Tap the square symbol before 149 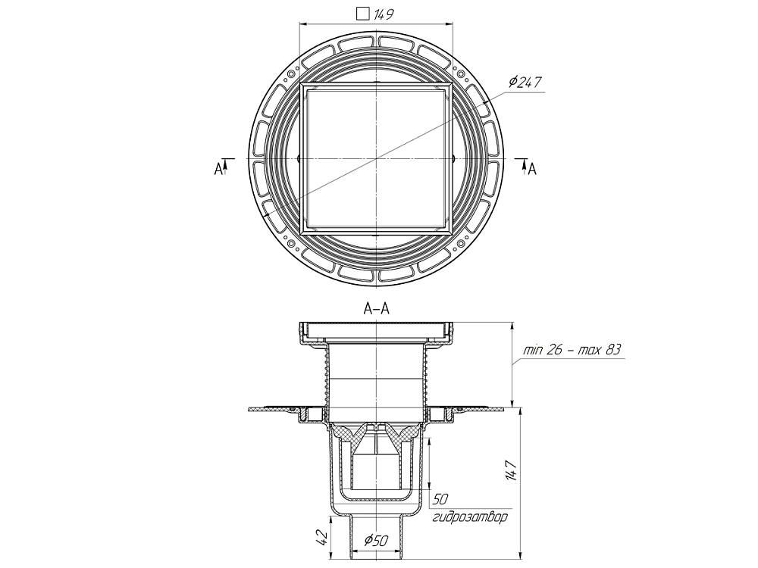click(x=362, y=14)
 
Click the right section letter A click(x=532, y=169)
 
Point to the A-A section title click(x=377, y=308)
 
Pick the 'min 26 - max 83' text click(x=572, y=351)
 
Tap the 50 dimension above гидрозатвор click(x=439, y=501)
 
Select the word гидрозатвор click(x=470, y=518)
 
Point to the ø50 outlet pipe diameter click(x=377, y=541)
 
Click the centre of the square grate click(x=376, y=159)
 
